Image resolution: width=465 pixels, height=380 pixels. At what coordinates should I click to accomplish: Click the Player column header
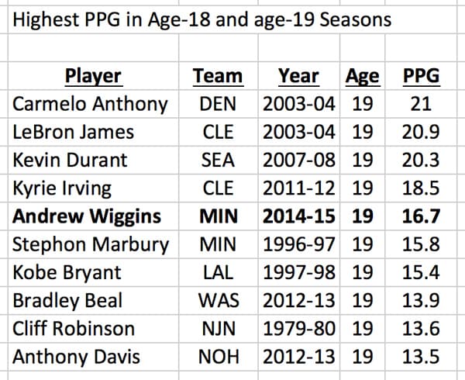coord(93,76)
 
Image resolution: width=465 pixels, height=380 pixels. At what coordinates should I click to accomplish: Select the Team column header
coord(218,76)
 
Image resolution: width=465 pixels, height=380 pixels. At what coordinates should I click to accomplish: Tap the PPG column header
coord(422,76)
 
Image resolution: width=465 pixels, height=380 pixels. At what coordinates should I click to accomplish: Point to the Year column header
coord(298,76)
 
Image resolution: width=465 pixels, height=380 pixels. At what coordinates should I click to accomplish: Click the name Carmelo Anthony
coord(90,104)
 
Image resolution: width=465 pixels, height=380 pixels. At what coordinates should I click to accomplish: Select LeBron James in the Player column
coord(74,132)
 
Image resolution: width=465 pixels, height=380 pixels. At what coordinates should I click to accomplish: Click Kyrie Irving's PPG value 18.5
coord(422,188)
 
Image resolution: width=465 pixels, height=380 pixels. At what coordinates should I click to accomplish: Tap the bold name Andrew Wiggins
coord(88,216)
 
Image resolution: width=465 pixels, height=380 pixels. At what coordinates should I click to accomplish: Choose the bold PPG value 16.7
coord(422,216)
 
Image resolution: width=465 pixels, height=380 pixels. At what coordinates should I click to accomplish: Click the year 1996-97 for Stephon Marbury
coord(299,244)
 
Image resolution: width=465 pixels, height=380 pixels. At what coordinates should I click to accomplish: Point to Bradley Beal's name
coord(67,300)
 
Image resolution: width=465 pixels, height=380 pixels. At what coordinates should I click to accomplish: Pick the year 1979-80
coord(299,328)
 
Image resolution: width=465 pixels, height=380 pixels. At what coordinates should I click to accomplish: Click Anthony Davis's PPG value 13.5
coord(422,357)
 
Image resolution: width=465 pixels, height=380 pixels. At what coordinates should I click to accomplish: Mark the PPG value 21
coord(422,104)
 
